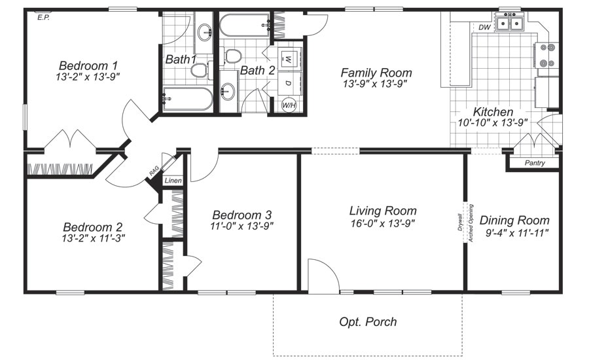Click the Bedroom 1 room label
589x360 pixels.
[x=88, y=65]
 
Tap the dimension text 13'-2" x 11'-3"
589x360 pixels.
[x=89, y=238]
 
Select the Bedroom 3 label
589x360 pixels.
[x=242, y=215]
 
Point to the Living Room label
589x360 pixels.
[x=383, y=211]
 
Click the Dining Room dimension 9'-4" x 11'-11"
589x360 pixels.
[x=516, y=232]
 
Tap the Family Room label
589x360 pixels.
[x=376, y=73]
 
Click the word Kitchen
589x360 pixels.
[x=493, y=112]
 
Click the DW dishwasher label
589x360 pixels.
[x=484, y=27]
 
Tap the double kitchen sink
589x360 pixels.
[x=509, y=24]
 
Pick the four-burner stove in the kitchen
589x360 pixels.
[x=546, y=56]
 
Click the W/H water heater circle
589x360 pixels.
[x=289, y=104]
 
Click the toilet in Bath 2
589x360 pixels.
[x=232, y=56]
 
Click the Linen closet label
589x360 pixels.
[x=173, y=180]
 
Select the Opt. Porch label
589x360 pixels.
[x=368, y=321]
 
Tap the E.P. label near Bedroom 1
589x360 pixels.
[x=44, y=18]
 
